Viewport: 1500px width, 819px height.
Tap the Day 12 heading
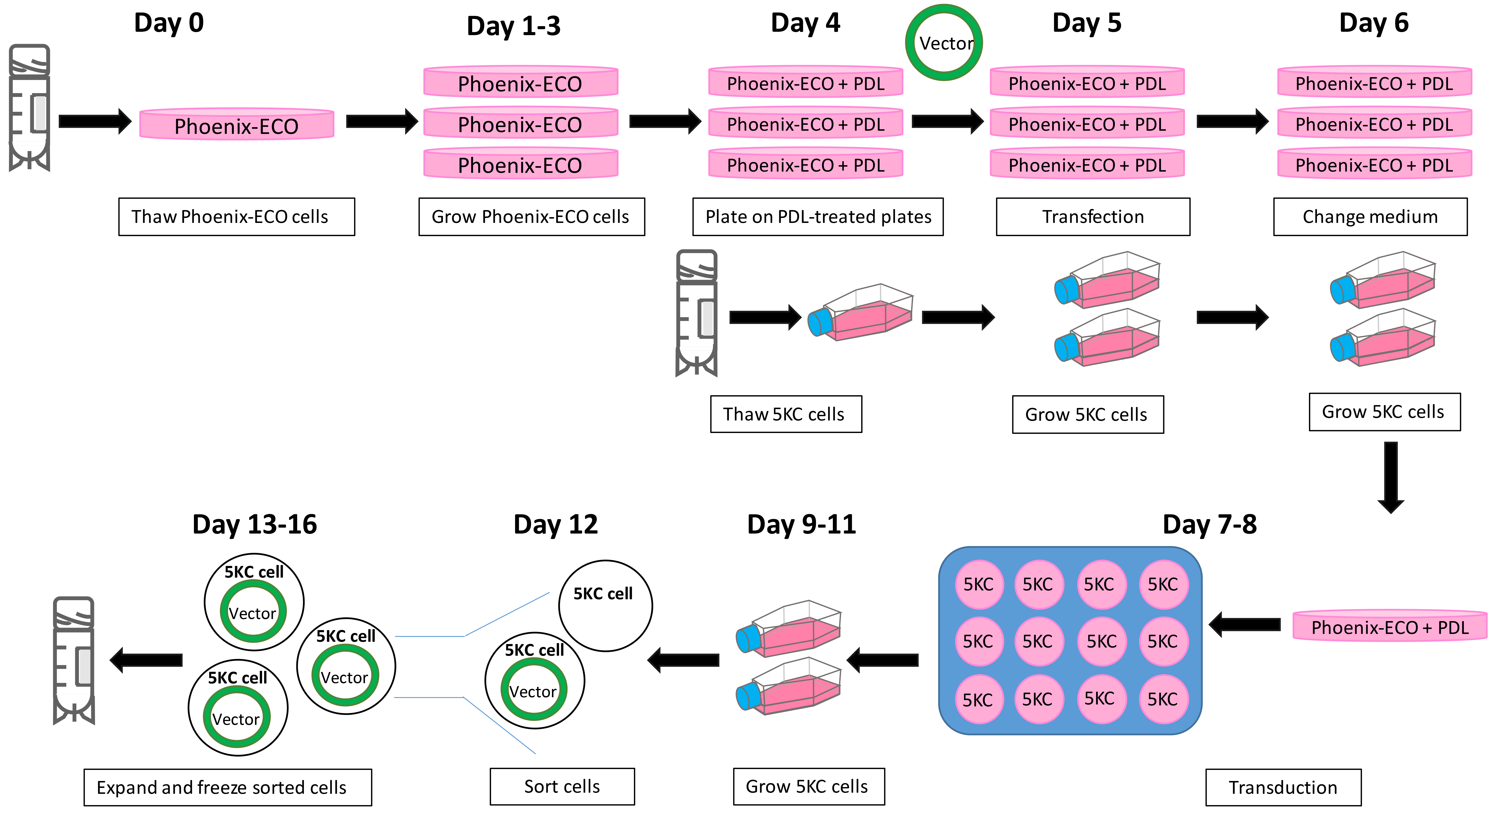[555, 524]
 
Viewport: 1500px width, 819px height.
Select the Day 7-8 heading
[1209, 524]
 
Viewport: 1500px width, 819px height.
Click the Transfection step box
[1093, 217]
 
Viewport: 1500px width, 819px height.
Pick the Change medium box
[1370, 217]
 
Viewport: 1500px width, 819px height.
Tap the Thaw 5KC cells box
[786, 414]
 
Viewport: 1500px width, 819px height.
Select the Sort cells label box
[562, 786]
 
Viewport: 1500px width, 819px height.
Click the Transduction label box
[1283, 788]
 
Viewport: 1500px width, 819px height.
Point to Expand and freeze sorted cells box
[228, 788]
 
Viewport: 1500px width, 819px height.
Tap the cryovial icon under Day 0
[29, 108]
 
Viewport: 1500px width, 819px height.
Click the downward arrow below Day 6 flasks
[1391, 478]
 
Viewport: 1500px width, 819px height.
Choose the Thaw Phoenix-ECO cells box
[236, 217]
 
